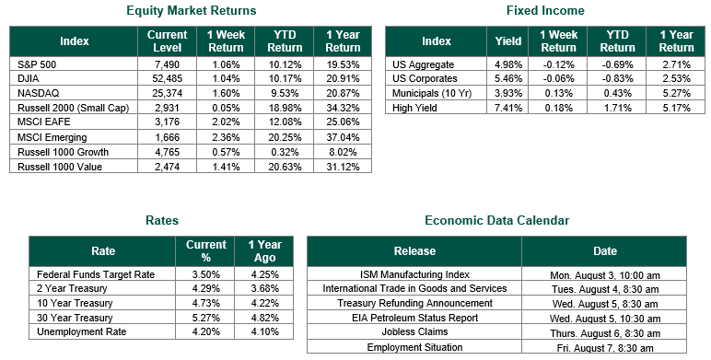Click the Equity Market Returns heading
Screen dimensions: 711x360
coord(191,10)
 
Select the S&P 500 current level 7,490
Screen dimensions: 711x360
coord(167,64)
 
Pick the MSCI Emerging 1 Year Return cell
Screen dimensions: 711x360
coord(343,137)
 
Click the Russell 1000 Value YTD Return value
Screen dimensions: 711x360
coord(285,167)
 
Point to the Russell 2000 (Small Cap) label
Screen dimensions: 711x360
coord(73,108)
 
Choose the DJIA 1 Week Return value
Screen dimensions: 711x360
coord(226,78)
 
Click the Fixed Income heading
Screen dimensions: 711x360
coord(545,10)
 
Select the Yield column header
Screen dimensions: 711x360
coord(507,41)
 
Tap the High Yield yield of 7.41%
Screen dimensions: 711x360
coord(507,108)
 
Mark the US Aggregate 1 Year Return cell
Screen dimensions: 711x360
coord(676,64)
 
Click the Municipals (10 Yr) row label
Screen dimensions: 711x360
coord(432,93)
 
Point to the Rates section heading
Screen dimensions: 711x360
coord(162,220)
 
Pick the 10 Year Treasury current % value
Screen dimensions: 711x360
coord(206,303)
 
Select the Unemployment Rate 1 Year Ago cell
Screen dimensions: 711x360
coord(265,331)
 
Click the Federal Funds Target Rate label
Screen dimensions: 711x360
coord(96,274)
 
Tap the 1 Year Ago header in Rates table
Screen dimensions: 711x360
coord(265,251)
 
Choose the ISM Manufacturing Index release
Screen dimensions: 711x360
coord(414,274)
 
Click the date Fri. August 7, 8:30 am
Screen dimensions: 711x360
coord(605,348)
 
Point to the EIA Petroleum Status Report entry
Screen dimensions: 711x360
coord(414,318)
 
